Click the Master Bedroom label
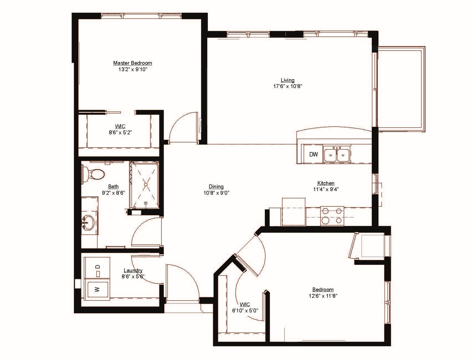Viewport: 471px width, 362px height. [132, 63]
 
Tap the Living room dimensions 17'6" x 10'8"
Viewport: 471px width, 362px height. [287, 86]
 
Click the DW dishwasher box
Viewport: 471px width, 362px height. [313, 154]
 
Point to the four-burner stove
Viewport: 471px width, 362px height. [332, 216]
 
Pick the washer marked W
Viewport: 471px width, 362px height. [97, 289]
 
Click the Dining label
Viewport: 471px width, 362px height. [216, 187]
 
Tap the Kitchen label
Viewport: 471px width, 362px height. [326, 183]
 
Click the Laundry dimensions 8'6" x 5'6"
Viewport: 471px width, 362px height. [133, 276]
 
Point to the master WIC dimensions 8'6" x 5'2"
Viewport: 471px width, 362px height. [120, 133]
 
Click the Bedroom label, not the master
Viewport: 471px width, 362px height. [323, 290]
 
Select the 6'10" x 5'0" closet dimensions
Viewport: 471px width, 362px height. [245, 310]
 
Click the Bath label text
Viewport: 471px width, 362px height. [113, 187]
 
